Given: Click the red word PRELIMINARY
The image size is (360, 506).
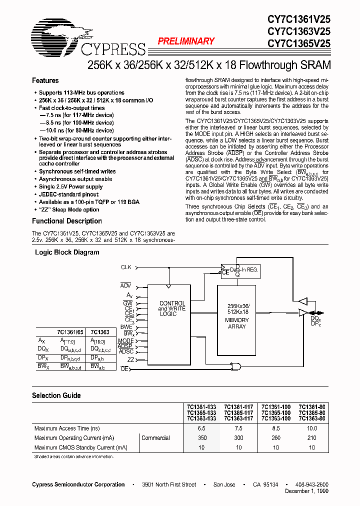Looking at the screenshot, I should (186, 41).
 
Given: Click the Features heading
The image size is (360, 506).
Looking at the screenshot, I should (45, 80).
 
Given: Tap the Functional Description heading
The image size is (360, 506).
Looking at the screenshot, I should (66, 221).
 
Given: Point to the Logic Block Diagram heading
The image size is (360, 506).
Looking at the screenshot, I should (66, 252).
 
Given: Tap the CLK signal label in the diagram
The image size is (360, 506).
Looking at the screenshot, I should (126, 267).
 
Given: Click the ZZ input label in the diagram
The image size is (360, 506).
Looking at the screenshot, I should (130, 359).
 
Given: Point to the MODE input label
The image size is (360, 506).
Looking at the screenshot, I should (125, 341).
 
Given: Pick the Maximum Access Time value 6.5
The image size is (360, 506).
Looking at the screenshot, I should (201, 428).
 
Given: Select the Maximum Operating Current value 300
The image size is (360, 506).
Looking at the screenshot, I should (238, 438).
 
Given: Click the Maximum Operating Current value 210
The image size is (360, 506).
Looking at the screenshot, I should (311, 438).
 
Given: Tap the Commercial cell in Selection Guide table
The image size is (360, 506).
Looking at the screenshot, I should (155, 438).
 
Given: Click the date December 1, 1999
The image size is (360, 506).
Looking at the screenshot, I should (306, 491).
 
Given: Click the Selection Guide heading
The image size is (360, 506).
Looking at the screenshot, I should (56, 395).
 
